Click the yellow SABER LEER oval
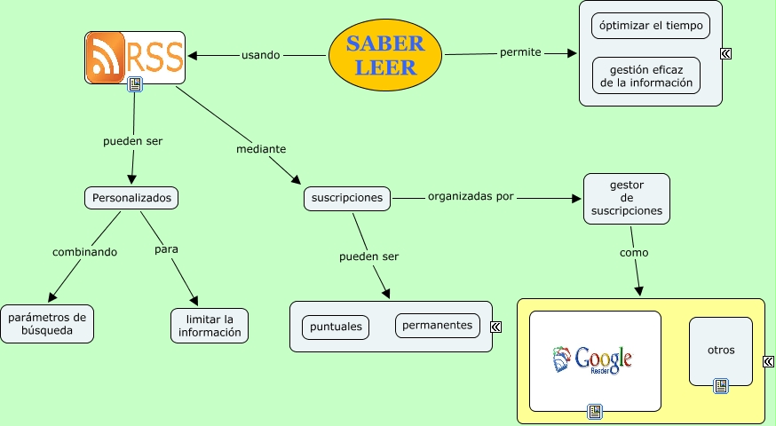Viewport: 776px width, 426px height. pyautogui.click(x=385, y=53)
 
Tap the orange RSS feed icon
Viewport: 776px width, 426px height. pyautogui.click(x=107, y=58)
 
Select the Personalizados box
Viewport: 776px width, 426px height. pyautogui.click(x=131, y=197)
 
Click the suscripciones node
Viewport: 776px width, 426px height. pyautogui.click(x=347, y=198)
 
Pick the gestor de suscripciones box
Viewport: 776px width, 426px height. pyautogui.click(x=626, y=198)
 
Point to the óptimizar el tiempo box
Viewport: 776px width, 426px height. pyautogui.click(x=650, y=26)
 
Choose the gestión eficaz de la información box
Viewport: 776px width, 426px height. pyautogui.click(x=645, y=75)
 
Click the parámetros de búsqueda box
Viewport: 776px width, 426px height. pyautogui.click(x=47, y=324)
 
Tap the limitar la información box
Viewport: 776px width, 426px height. pyautogui.click(x=210, y=326)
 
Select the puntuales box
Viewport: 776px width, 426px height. pyautogui.click(x=337, y=327)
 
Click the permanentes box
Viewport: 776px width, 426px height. pyautogui.click(x=437, y=326)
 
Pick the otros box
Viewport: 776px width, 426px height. pyautogui.click(x=721, y=351)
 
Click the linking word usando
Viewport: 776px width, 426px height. pyautogui.click(x=260, y=55)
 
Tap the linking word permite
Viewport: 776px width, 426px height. pyautogui.click(x=520, y=52)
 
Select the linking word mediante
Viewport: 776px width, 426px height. pyautogui.click(x=261, y=149)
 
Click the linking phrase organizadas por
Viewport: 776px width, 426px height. pyautogui.click(x=471, y=196)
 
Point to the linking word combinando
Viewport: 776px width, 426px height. pyautogui.click(x=84, y=252)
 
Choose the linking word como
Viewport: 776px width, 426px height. pyautogui.click(x=634, y=253)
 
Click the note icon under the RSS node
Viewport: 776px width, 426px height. pyautogui.click(x=135, y=85)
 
